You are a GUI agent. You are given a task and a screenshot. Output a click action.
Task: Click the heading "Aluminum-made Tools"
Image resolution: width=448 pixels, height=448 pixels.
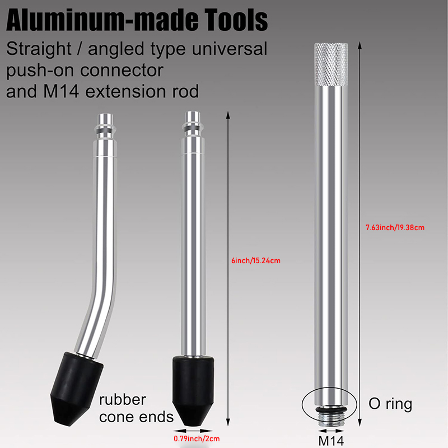137,20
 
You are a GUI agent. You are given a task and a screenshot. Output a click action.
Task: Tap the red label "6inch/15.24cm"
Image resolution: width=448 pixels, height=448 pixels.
256,260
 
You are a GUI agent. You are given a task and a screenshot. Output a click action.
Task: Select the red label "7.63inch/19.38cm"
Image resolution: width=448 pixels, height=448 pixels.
395,227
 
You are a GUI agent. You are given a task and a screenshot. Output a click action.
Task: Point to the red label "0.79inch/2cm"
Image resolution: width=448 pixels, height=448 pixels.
197,438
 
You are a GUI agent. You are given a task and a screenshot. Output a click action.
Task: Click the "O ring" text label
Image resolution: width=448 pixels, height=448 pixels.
390,404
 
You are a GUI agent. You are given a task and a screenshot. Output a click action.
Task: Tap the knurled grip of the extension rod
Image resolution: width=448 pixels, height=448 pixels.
331,64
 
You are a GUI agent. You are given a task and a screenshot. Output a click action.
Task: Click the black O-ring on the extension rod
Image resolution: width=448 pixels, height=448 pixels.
331,410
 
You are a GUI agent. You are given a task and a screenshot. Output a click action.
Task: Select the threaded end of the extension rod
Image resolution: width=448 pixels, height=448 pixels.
331,419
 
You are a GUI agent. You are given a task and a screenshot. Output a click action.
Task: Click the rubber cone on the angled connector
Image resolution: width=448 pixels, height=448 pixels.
76,389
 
